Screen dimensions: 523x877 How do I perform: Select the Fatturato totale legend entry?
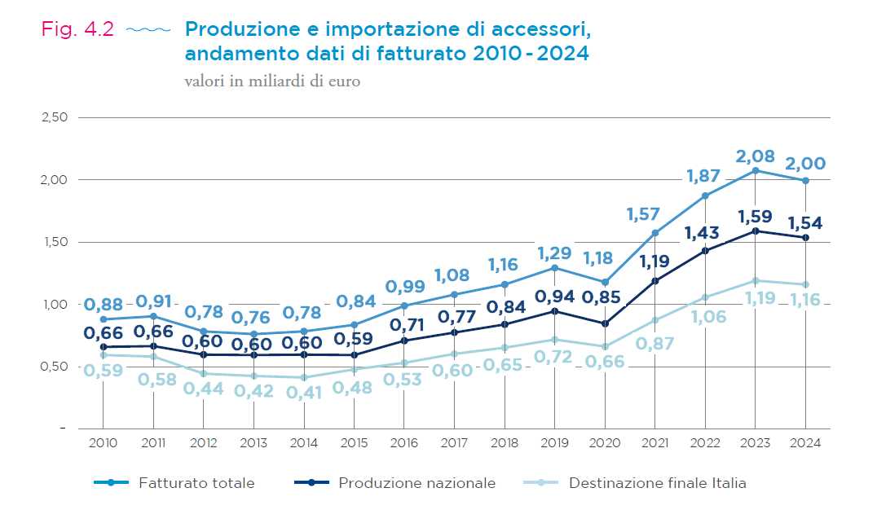[x=196, y=483]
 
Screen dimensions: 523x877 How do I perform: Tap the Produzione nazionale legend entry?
[x=416, y=483]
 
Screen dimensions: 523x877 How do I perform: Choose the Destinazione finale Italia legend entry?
[x=657, y=483]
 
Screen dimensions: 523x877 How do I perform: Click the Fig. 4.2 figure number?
[x=78, y=29]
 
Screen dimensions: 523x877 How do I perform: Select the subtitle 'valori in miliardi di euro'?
[x=272, y=81]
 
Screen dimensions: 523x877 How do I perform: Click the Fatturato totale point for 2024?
[x=805, y=180]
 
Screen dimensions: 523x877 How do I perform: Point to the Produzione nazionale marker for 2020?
[x=605, y=323]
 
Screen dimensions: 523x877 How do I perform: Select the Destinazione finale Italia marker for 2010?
[x=103, y=355]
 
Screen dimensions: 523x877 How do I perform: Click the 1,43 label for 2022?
[x=707, y=232]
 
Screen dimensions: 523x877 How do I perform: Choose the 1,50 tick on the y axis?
[x=54, y=242]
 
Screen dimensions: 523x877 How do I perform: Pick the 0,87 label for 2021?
[x=655, y=343]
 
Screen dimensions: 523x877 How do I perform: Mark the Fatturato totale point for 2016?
[x=404, y=305]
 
